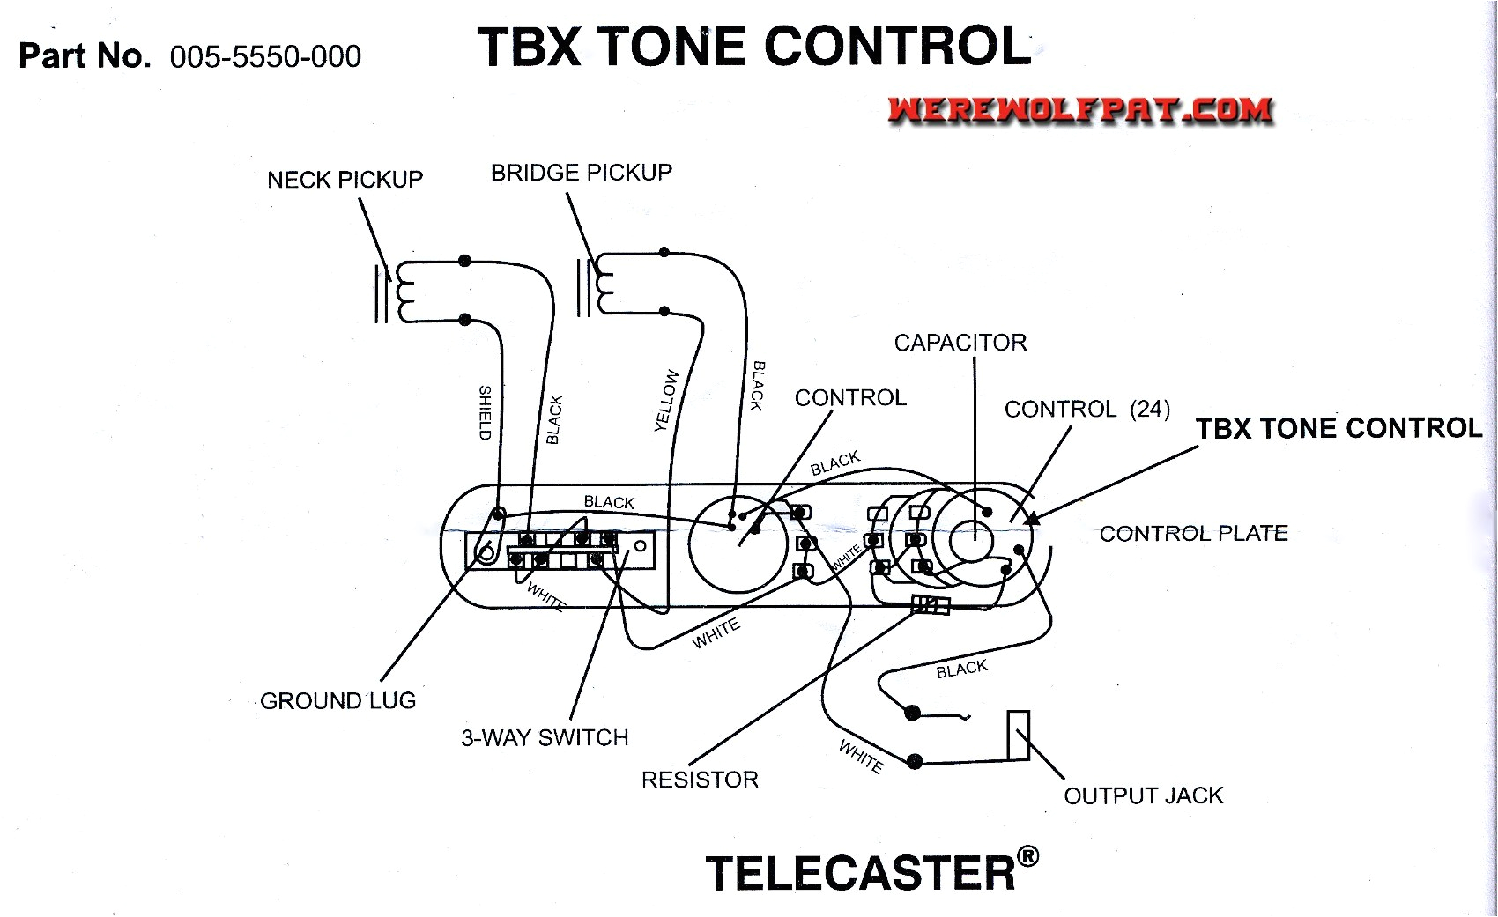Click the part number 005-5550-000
click(265, 57)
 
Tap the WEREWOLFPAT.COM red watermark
click(1080, 110)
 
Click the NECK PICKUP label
click(345, 180)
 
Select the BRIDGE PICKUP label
click(581, 173)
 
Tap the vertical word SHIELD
click(485, 412)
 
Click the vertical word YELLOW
click(667, 401)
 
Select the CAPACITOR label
click(960, 343)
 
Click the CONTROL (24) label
click(1086, 410)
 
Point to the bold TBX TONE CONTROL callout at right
click(1338, 429)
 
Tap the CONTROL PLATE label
click(1193, 534)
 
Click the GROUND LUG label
click(337, 701)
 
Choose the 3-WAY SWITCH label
click(545, 738)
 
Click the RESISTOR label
click(699, 780)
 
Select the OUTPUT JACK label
click(1143, 796)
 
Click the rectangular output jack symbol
click(1019, 735)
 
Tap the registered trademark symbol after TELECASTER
click(1027, 856)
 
